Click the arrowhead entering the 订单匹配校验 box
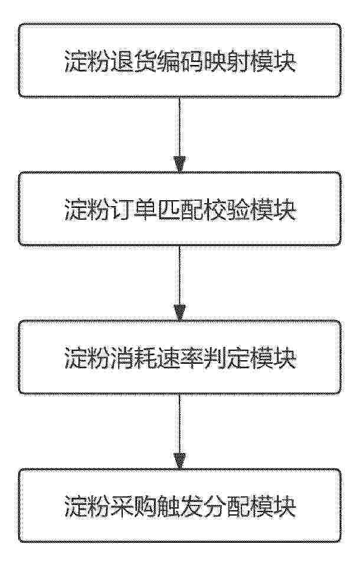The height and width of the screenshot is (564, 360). pos(179,164)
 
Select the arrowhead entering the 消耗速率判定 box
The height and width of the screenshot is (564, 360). pos(179,312)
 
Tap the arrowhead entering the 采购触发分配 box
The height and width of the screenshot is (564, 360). pos(179,461)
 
